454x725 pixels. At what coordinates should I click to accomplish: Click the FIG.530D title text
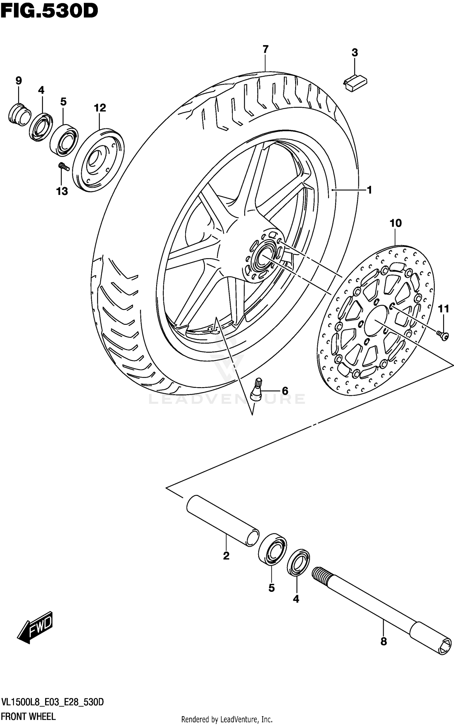[x=49, y=12]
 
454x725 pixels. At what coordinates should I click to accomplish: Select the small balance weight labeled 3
[x=355, y=83]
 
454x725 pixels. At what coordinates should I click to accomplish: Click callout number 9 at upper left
[x=18, y=81]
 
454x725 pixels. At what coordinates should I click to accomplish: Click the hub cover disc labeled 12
[x=98, y=160]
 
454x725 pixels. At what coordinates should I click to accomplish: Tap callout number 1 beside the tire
[x=369, y=190]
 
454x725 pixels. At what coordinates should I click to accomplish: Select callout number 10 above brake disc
[x=396, y=223]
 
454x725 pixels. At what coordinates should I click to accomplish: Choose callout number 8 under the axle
[x=383, y=641]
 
